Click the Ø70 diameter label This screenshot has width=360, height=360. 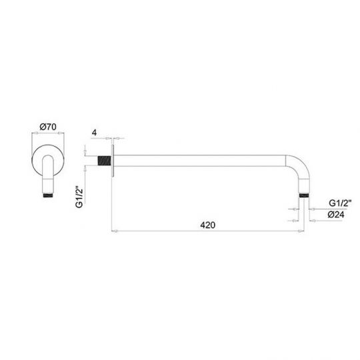(46, 126)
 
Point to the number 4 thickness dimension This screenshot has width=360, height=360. (96, 133)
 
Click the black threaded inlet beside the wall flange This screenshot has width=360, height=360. (105, 161)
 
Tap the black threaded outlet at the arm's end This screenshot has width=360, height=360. (305, 195)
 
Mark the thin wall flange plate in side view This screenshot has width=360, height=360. (114, 160)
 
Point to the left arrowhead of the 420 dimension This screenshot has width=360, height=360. (115, 231)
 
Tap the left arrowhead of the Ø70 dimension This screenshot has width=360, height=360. (34, 133)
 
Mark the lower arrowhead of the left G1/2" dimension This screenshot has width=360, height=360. (87, 166)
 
